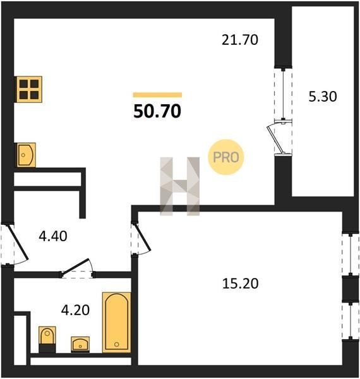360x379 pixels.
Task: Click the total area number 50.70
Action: click(x=157, y=111)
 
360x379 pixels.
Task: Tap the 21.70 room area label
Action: click(x=240, y=40)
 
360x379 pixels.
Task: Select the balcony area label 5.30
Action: click(x=323, y=97)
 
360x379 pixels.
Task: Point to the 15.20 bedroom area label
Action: click(x=240, y=284)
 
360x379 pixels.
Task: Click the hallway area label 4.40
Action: click(x=53, y=236)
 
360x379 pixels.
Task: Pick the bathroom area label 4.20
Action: click(x=75, y=310)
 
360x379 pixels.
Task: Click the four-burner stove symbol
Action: click(x=29, y=89)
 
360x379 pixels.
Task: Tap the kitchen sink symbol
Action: click(x=26, y=155)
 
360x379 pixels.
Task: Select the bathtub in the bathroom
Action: click(x=117, y=322)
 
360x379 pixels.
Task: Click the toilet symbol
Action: click(x=47, y=339)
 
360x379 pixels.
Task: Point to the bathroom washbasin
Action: click(x=80, y=344)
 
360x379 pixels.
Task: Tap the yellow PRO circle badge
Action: click(x=226, y=157)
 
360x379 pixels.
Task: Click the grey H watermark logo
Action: click(x=180, y=186)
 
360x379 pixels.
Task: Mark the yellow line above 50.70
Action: click(x=157, y=95)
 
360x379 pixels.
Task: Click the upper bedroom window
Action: click(x=351, y=254)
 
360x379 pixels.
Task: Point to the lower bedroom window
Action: click(x=351, y=321)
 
